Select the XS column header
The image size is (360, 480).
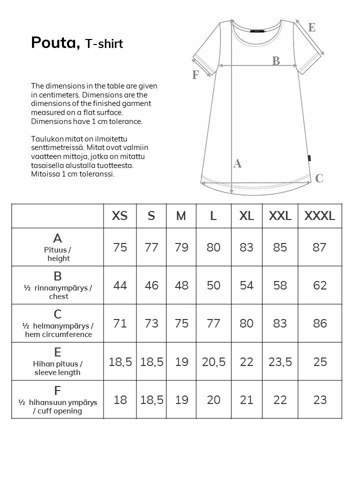[120, 216]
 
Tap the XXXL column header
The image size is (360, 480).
[319, 216]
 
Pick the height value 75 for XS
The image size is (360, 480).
[120, 247]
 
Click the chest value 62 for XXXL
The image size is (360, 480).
[319, 285]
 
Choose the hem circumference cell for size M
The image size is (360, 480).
[181, 323]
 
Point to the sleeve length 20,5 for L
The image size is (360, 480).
[213, 361]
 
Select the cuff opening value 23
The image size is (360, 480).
[319, 399]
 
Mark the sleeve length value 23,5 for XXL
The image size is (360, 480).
[280, 361]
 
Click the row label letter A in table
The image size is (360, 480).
[57, 238]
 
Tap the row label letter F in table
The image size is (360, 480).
[57, 390]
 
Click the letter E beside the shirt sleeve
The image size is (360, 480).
[311, 28]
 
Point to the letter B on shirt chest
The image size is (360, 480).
[276, 61]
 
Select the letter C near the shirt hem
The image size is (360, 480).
[319, 178]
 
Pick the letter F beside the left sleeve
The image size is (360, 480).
[195, 75]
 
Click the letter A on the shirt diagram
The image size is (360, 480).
[237, 163]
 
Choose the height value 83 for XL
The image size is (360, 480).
[246, 247]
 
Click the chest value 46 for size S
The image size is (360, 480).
[151, 285]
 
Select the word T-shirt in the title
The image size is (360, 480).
[104, 44]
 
